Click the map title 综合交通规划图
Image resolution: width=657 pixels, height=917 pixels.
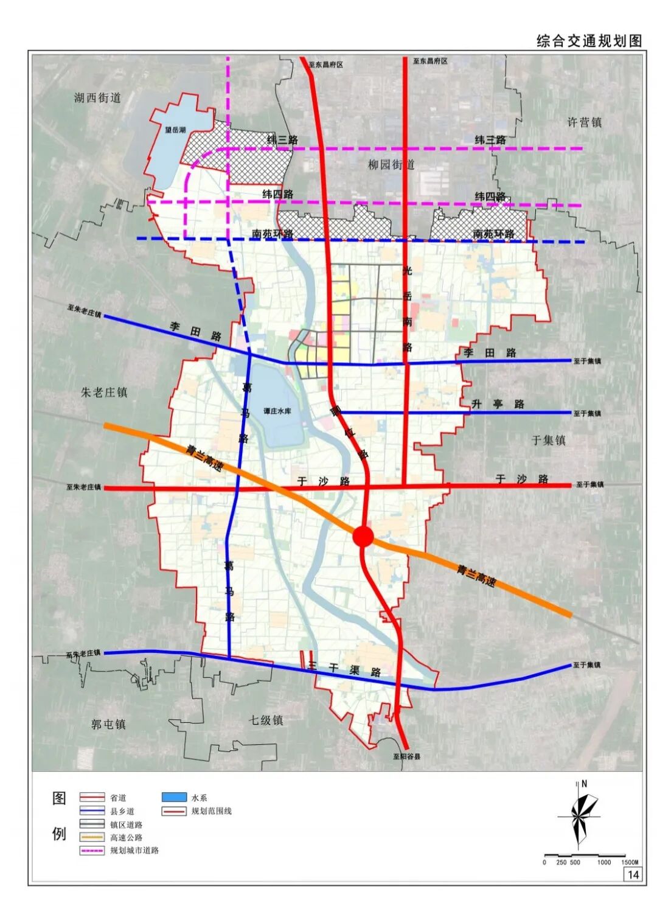click(x=589, y=41)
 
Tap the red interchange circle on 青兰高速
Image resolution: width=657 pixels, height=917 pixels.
click(x=363, y=536)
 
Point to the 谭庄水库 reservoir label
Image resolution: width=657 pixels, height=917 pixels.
click(x=277, y=411)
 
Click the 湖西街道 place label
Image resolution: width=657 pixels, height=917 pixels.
click(x=97, y=97)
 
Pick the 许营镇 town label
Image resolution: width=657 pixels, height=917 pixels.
click(x=584, y=122)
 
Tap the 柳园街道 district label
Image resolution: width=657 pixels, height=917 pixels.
click(x=391, y=164)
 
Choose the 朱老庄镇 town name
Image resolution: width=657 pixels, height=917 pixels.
click(x=104, y=392)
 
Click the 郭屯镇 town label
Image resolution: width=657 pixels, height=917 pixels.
click(x=108, y=724)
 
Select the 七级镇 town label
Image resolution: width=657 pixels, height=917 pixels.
click(x=266, y=720)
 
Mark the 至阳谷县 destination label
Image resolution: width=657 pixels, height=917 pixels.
click(x=406, y=757)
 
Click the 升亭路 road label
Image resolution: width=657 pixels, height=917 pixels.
click(x=498, y=404)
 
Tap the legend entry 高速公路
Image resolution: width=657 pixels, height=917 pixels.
click(x=127, y=837)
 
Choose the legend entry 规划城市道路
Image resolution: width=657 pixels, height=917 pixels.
click(x=134, y=851)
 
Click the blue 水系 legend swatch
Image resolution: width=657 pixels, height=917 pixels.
click(x=174, y=797)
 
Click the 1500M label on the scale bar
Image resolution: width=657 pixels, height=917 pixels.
click(x=630, y=862)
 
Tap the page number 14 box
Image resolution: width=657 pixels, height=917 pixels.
click(x=633, y=874)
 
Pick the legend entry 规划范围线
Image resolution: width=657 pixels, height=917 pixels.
click(x=211, y=811)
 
